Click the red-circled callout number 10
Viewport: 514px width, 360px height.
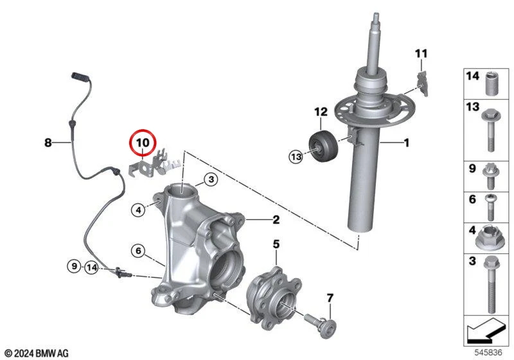tap(143, 143)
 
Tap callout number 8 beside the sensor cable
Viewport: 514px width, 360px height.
tap(48, 143)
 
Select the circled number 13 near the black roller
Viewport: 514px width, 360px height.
tap(296, 156)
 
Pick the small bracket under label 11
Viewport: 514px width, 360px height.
tap(423, 84)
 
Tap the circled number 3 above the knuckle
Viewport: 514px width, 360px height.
tap(211, 179)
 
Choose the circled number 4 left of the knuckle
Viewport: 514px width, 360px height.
tap(138, 210)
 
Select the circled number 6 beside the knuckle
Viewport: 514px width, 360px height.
tap(138, 251)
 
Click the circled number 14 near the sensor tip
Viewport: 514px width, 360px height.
tap(91, 268)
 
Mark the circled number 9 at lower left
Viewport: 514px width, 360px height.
tap(74, 266)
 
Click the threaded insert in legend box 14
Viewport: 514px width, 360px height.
tap(491, 84)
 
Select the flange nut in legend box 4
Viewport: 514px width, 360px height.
tap(490, 238)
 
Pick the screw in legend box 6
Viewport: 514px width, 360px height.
tap(490, 207)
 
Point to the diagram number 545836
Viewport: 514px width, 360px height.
tap(488, 352)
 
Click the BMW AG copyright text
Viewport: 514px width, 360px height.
tap(37, 353)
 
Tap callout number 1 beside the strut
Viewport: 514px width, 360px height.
tap(407, 143)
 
